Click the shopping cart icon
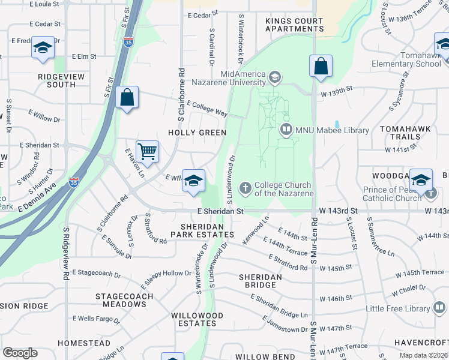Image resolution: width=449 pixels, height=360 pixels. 147,151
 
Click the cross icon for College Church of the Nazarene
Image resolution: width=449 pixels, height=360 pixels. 245,189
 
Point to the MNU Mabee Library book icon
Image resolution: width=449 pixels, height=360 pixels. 286,129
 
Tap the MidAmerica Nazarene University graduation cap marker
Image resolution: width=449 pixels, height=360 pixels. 274,77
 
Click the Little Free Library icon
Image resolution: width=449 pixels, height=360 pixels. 440,308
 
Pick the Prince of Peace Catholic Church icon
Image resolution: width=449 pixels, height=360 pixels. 432,193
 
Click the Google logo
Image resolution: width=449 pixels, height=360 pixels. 20,353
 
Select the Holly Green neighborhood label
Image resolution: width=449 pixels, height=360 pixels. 197,133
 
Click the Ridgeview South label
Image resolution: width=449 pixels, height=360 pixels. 57,80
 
